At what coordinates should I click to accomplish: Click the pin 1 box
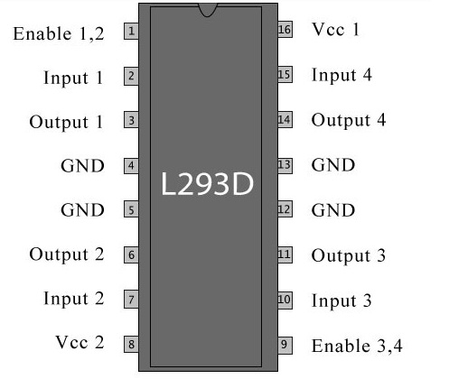131,32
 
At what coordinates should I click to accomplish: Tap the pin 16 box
285,31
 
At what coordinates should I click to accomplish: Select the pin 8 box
131,344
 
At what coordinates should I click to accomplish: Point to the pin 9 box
285,344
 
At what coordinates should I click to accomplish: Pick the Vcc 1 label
335,30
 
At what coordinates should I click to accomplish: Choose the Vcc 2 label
80,343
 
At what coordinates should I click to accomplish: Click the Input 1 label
73,78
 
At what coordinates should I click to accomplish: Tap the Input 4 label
341,75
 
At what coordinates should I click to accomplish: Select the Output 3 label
349,256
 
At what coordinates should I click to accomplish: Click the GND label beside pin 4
82,166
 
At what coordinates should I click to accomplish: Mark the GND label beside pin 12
333,210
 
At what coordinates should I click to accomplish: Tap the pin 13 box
285,165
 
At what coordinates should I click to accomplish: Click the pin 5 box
131,210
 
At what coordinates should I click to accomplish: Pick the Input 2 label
73,299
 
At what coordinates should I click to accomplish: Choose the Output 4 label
349,120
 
